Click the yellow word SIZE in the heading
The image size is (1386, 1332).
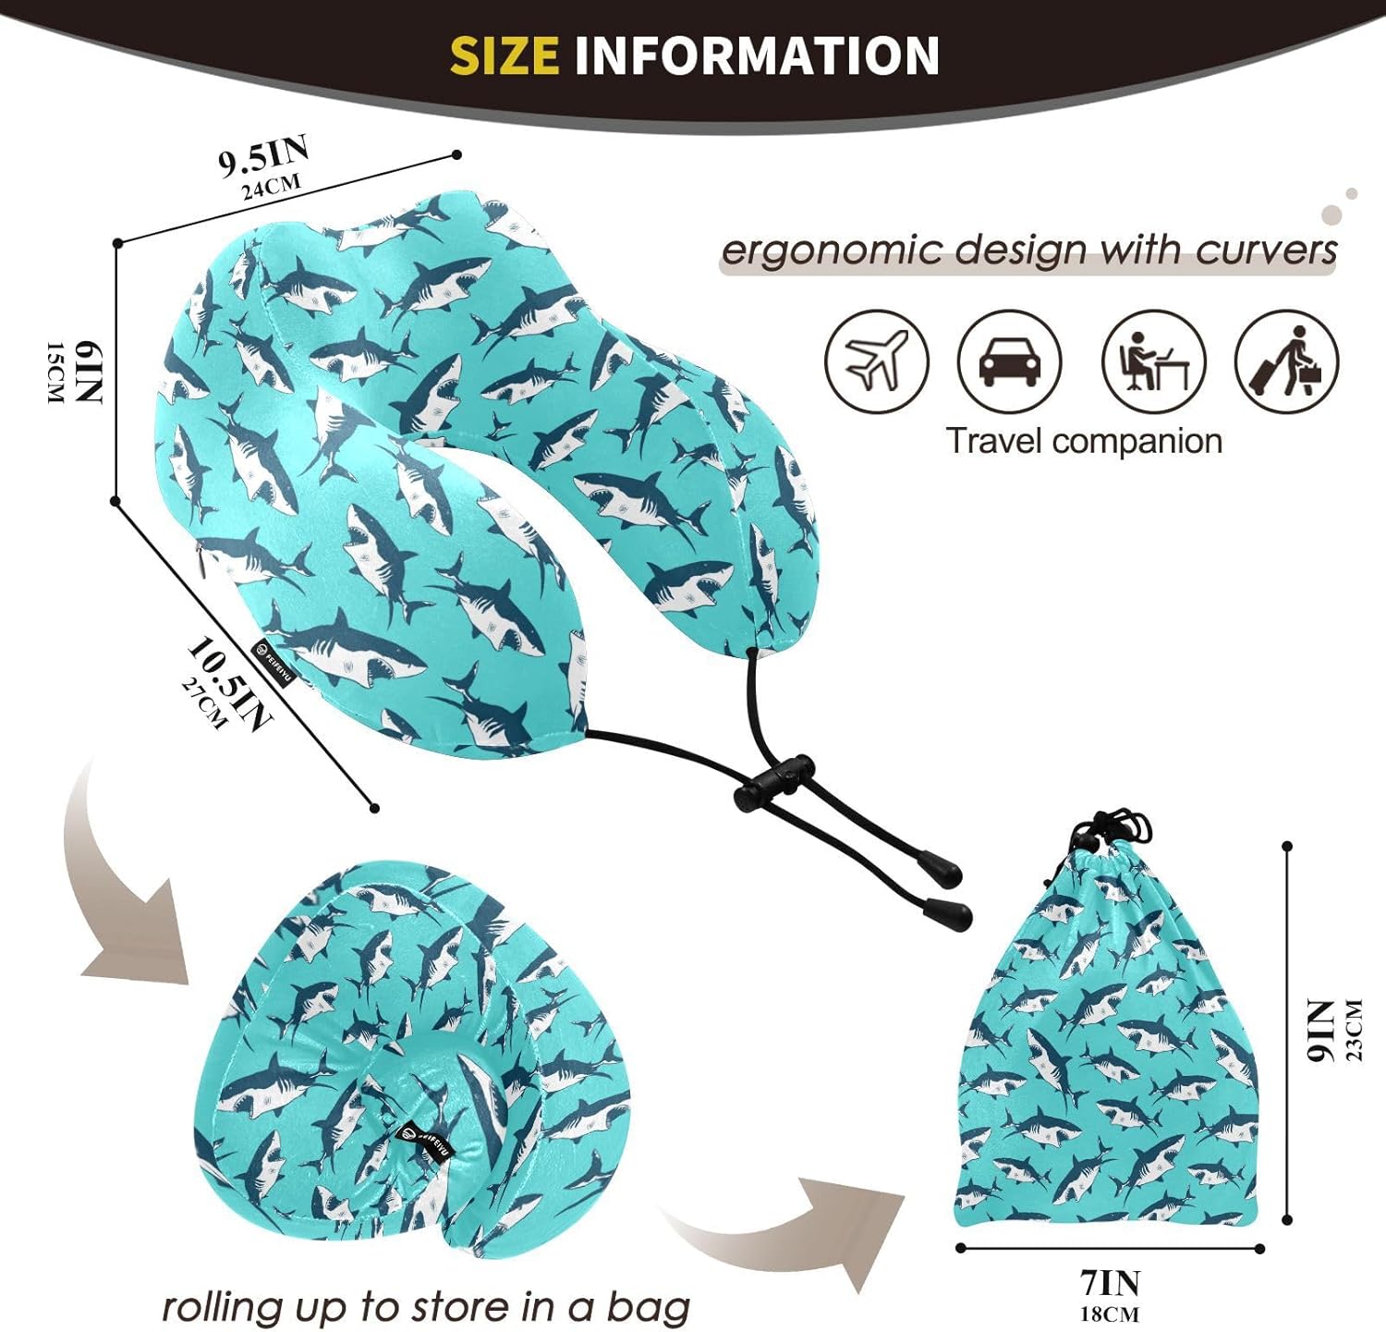click(505, 55)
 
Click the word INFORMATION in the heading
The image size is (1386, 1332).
click(757, 55)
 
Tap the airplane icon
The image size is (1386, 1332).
click(877, 361)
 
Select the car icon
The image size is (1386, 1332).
click(1010, 361)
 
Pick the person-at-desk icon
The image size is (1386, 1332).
click(1154, 361)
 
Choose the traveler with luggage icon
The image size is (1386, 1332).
click(1287, 361)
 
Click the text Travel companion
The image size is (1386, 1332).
click(1084, 442)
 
